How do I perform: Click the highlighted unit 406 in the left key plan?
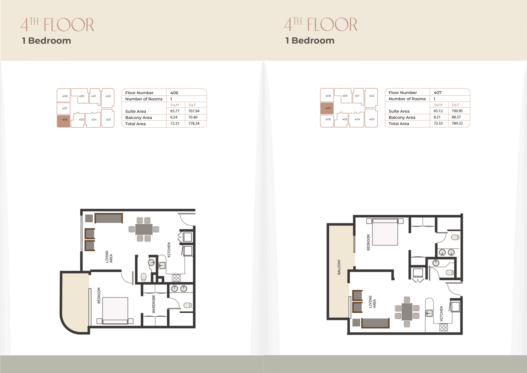pos(64,121)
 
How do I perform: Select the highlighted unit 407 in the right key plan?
pos(327,109)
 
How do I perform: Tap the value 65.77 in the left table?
pos(175,111)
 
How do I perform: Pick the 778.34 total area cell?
pos(194,123)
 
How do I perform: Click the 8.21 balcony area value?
pos(437,117)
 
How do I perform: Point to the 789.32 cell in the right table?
pos(457,123)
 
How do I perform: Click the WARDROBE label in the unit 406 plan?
pos(153,304)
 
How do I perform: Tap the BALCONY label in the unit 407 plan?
pos(339,267)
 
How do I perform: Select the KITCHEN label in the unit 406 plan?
pos(169,250)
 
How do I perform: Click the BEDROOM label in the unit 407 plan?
pos(369,242)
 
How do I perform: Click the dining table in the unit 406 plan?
pos(144,229)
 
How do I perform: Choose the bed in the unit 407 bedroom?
pos(385,232)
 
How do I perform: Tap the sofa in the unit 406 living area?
pos(109,218)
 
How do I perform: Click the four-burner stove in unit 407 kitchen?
pos(444,327)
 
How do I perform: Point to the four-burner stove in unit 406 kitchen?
pos(176,278)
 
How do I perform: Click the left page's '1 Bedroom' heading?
pos(46,41)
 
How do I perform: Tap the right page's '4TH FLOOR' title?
pos(320,24)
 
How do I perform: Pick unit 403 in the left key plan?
pos(108,118)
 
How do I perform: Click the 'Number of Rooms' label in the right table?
pos(407,99)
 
